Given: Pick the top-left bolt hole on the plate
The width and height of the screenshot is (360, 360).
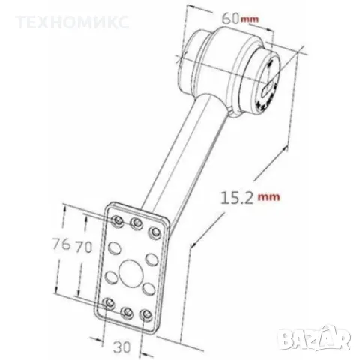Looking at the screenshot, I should point(117,219).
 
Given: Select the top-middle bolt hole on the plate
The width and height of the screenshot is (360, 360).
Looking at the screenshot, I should point(136,224).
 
